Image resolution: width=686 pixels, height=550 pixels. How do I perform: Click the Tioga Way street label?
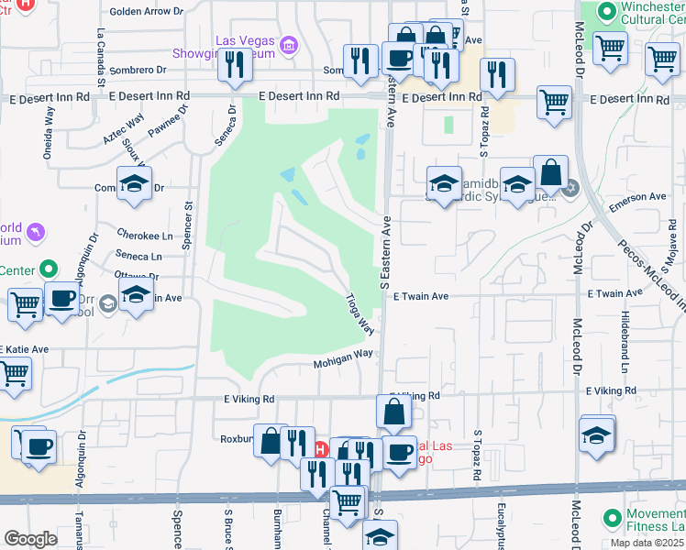point(360,313)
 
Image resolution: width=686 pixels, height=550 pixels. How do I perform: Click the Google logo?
point(30,539)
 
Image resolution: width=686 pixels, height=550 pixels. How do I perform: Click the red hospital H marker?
point(320,450)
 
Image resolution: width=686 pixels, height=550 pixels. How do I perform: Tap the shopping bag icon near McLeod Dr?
point(550,171)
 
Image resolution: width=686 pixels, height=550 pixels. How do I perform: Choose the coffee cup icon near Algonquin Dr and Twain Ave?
point(61,300)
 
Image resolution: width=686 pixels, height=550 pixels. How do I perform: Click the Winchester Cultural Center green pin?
point(605,11)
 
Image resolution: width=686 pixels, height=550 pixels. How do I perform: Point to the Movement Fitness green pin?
point(612,519)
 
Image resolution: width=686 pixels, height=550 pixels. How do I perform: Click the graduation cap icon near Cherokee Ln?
point(134,183)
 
